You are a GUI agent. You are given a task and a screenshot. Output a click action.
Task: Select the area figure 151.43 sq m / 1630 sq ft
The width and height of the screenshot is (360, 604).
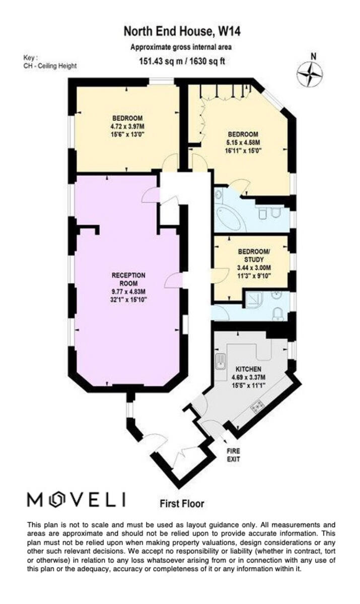[182, 62]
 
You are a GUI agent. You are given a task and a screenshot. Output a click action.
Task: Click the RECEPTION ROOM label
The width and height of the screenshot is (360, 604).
[128, 279]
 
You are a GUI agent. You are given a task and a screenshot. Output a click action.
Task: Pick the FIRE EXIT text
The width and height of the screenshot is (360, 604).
[233, 455]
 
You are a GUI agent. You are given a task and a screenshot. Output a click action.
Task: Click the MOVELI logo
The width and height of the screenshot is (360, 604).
[76, 499]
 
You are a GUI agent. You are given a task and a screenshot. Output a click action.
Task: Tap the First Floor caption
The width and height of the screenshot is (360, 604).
[182, 503]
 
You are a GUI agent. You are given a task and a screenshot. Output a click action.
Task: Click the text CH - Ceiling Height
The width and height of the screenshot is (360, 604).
[50, 66]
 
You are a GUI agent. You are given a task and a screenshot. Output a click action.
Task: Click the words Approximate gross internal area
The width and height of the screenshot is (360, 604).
[182, 48]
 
